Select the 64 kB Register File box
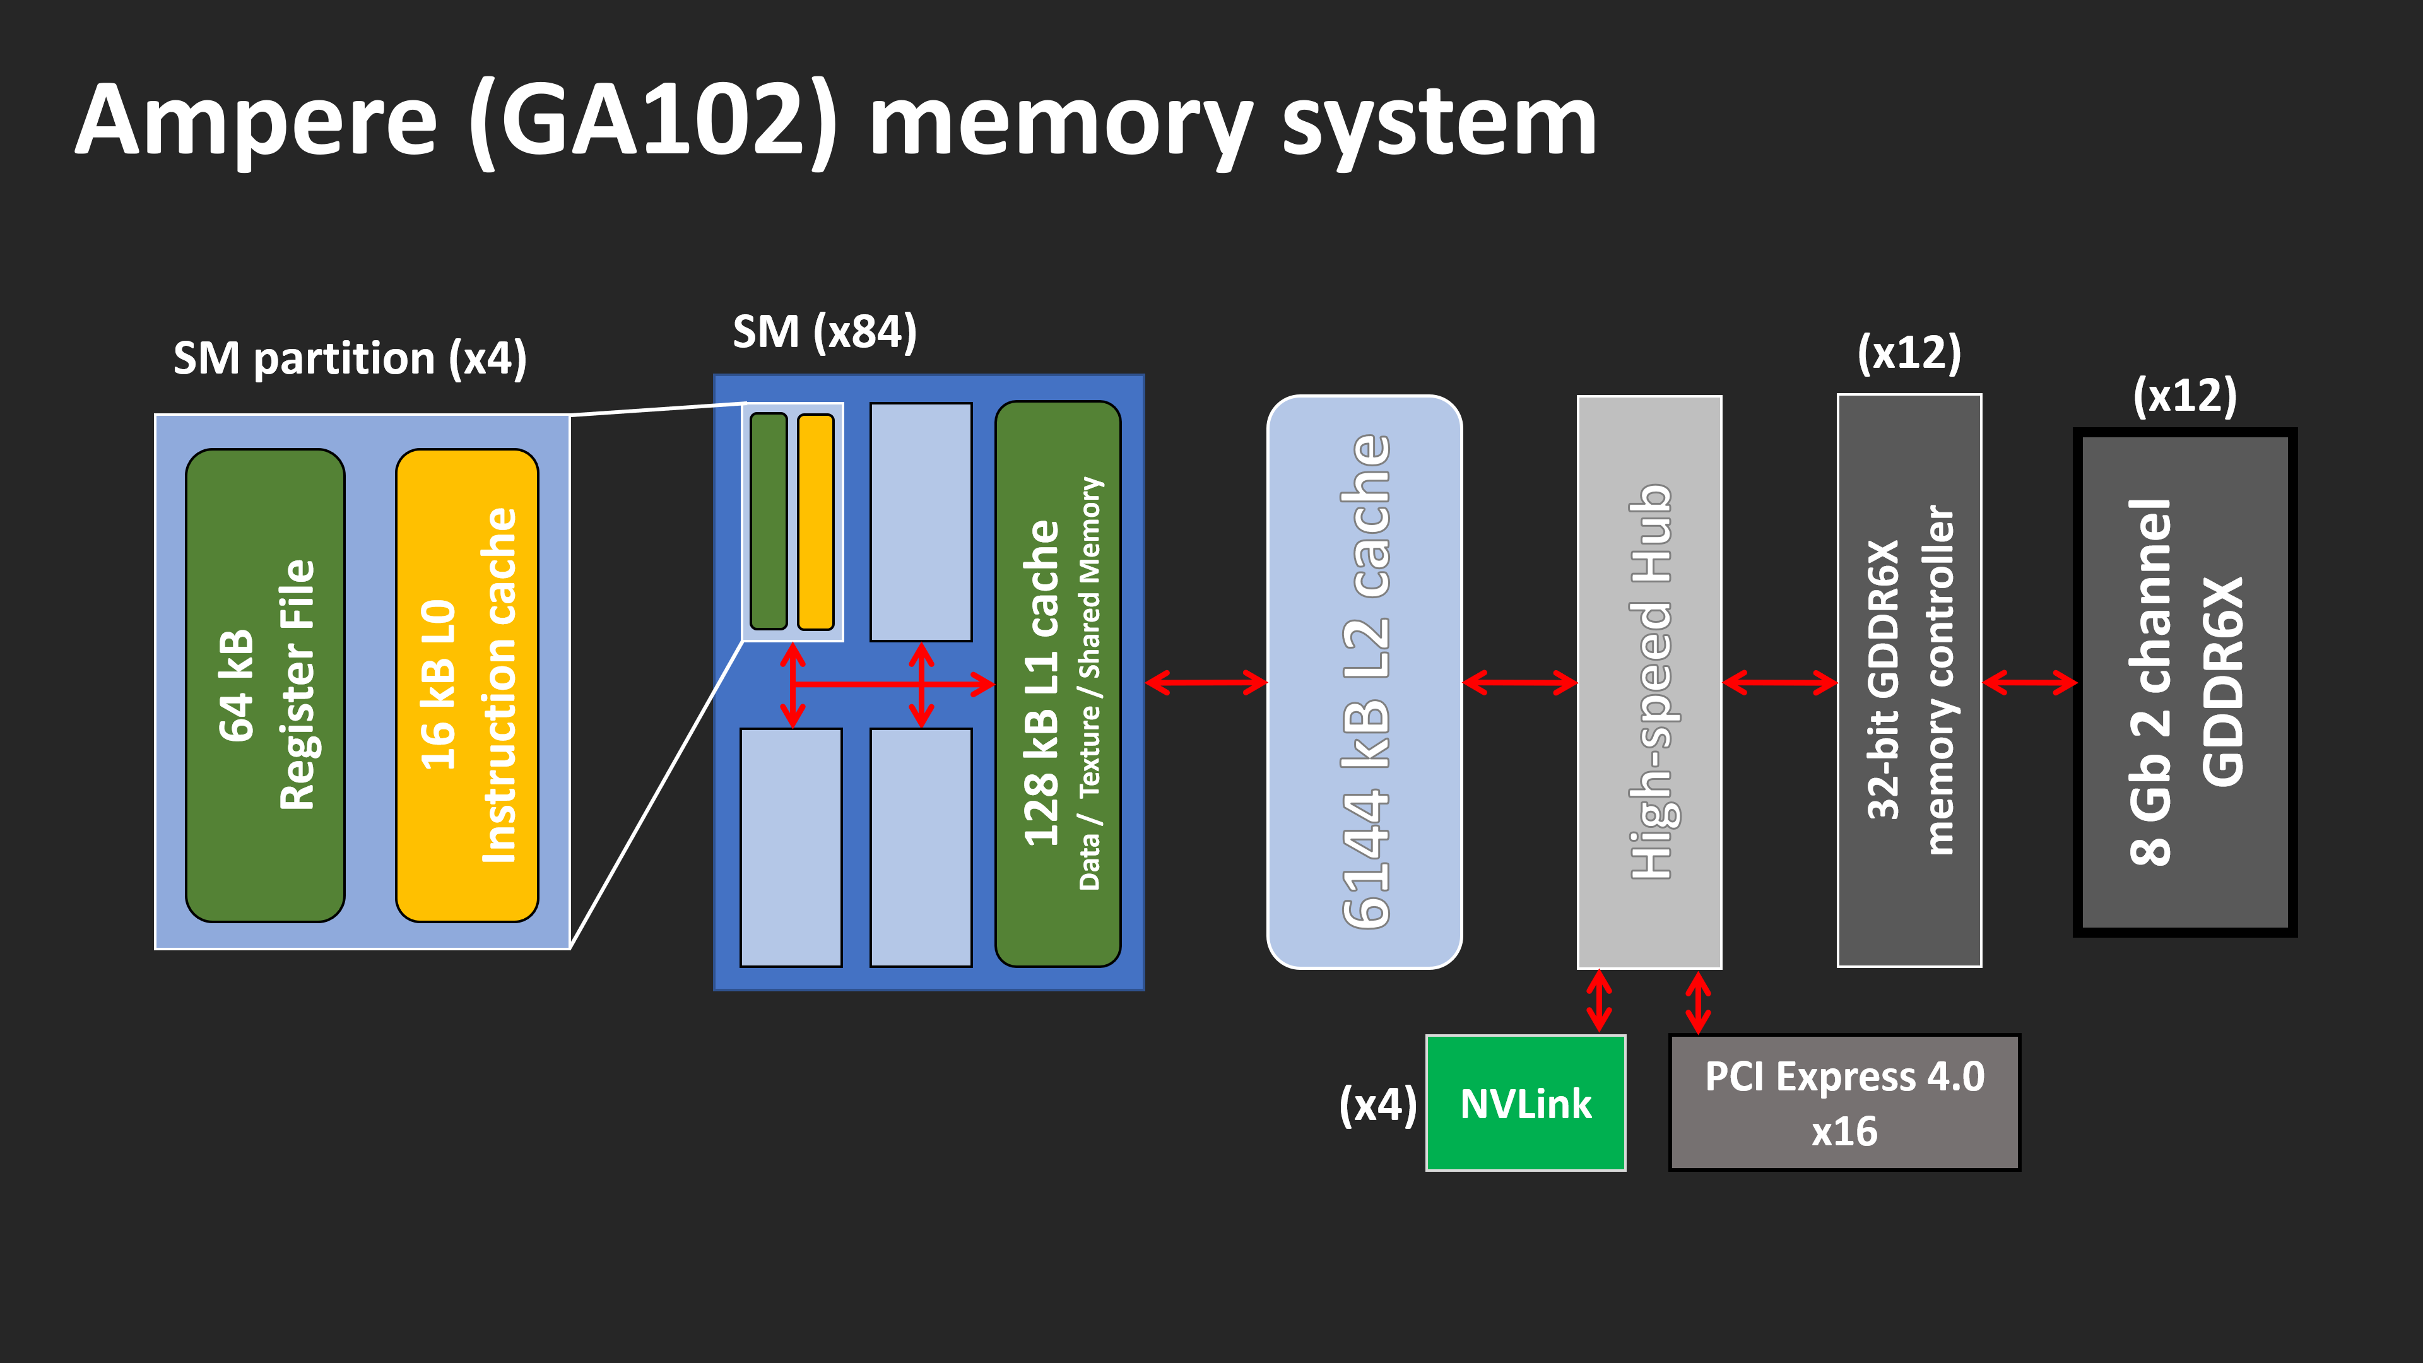265,685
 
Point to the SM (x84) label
824,332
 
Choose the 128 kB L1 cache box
1058,684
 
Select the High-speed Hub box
1649,682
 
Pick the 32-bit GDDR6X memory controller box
1909,680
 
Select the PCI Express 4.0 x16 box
1844,1102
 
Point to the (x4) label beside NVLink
1377,1104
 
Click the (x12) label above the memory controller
1909,353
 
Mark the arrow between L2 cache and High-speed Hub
1519,683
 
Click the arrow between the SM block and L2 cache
1206,683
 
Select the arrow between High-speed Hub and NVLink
1599,1001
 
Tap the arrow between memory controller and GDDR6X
2028,683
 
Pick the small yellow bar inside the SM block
815,521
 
